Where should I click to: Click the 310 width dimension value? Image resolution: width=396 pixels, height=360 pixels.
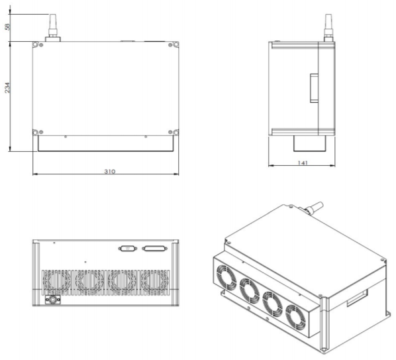tap(110, 172)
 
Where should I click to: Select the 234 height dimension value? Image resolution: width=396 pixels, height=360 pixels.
tap(7, 88)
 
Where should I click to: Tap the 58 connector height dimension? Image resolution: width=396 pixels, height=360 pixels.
tap(7, 27)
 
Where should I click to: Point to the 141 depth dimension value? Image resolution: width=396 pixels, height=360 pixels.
tap(303, 162)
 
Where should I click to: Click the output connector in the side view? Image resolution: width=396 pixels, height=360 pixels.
tap(328, 28)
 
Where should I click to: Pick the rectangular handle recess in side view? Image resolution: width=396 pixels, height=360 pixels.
tap(314, 88)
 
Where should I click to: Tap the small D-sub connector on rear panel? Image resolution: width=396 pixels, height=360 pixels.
tap(128, 249)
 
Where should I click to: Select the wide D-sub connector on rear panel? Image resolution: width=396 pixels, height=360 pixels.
tap(155, 249)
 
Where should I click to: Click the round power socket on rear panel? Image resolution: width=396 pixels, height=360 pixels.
tap(52, 300)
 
